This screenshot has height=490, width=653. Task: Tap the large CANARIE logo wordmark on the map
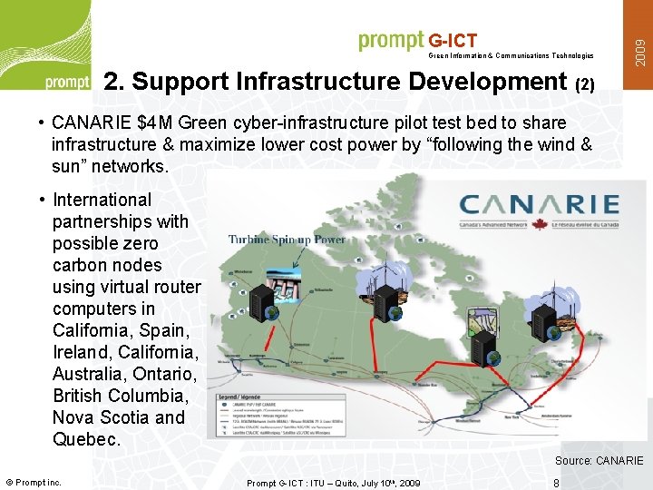(x=539, y=205)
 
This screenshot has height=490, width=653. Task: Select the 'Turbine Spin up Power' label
(x=287, y=240)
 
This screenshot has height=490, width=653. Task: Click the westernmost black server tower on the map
(x=264, y=300)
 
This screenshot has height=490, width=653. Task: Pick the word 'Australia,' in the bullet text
(x=90, y=374)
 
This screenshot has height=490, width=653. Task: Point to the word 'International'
(x=102, y=200)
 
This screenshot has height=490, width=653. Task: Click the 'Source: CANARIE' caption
(x=599, y=461)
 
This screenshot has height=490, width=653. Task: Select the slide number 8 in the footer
(x=556, y=483)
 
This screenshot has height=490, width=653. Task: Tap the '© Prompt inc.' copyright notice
(x=34, y=482)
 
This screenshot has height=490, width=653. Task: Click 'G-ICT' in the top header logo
(x=453, y=41)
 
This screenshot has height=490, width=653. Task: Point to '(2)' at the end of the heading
(x=585, y=84)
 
